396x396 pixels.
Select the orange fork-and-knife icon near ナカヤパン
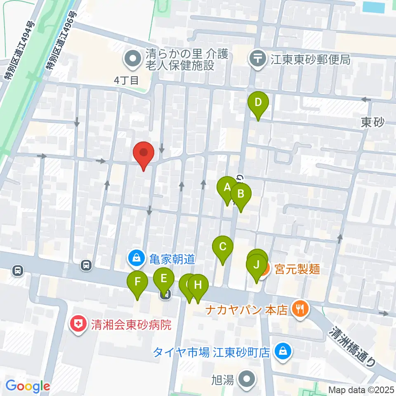click(300, 309)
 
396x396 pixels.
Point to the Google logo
click(28, 387)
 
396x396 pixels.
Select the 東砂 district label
click(372, 122)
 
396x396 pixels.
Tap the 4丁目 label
click(127, 80)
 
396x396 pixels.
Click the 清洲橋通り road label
click(354, 346)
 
